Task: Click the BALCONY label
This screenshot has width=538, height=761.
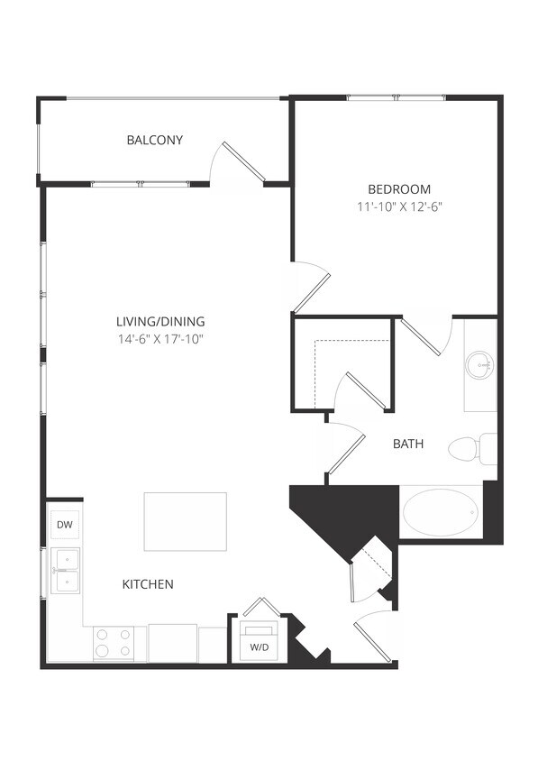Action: [x=155, y=140]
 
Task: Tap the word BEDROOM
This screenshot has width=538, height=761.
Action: [x=399, y=189]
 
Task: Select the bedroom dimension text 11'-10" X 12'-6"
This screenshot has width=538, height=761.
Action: [x=399, y=206]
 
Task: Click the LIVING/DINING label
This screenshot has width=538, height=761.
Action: [x=160, y=321]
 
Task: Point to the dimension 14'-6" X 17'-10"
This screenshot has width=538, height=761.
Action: [x=160, y=339]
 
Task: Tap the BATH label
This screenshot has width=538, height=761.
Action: [x=408, y=444]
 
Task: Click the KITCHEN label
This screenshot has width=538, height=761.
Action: [x=148, y=584]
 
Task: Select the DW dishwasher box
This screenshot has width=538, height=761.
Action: [x=64, y=524]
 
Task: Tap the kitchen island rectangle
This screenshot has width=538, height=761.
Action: [x=186, y=521]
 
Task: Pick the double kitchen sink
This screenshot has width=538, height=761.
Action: [x=66, y=572]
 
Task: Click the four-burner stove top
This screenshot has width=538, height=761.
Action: [x=113, y=644]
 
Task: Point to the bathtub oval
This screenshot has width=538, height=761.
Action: [x=439, y=512]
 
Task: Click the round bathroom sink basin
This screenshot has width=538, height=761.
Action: [x=479, y=366]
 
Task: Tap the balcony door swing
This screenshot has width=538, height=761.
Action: [x=233, y=162]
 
